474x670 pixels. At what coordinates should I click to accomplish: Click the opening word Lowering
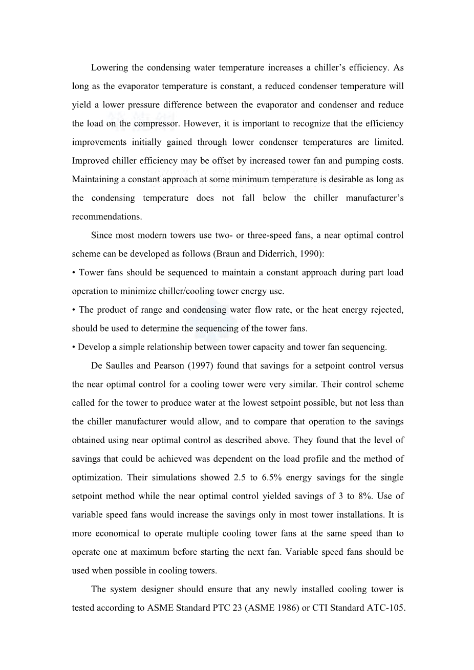click(109, 68)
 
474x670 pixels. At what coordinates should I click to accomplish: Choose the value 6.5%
click(271, 478)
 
